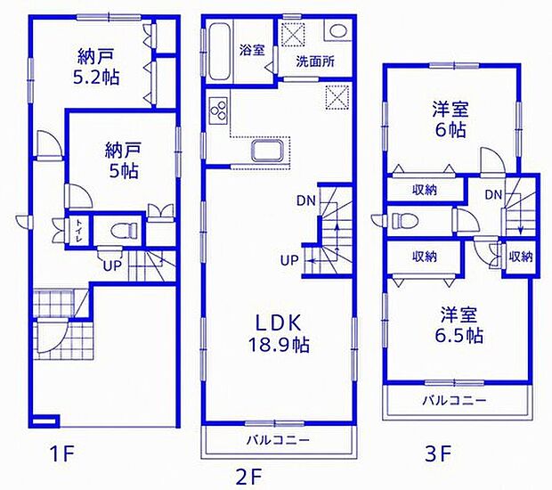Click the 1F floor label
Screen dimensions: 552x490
[62, 454]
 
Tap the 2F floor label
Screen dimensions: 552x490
[249, 478]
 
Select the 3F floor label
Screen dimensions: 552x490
[438, 454]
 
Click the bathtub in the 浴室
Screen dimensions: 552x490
[219, 52]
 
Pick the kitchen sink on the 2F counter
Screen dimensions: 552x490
[266, 151]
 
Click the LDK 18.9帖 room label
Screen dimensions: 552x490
[279, 333]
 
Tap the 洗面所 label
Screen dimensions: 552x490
[315, 62]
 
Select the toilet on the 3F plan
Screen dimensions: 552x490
[405, 221]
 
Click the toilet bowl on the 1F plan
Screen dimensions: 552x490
[124, 231]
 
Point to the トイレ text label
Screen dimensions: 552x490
[78, 231]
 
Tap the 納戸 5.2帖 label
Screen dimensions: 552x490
[96, 67]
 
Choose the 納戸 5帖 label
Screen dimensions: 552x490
[123, 160]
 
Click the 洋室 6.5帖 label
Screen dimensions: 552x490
[459, 325]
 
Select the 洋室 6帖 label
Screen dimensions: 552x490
[451, 119]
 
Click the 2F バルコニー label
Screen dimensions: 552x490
[278, 440]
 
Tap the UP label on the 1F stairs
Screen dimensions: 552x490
[112, 265]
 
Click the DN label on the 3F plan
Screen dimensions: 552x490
[493, 194]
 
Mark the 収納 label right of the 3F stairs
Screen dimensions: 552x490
[521, 257]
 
